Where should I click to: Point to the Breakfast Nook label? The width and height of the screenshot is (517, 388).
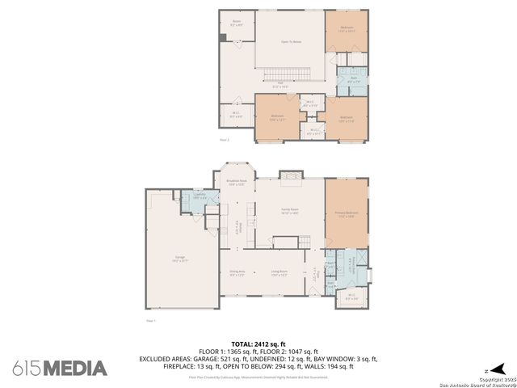pos(236,183)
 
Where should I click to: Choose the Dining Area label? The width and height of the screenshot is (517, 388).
pos(236,275)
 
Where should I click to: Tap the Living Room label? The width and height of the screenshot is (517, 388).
pos(279,275)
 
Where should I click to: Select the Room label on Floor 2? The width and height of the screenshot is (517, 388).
pos(237,23)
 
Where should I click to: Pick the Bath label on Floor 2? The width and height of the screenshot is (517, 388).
pos(352,79)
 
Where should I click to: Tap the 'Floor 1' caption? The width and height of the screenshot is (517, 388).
pos(150,321)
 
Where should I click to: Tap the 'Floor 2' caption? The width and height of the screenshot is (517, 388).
pos(225,140)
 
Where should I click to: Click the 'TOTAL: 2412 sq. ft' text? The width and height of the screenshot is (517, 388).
pos(259,344)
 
